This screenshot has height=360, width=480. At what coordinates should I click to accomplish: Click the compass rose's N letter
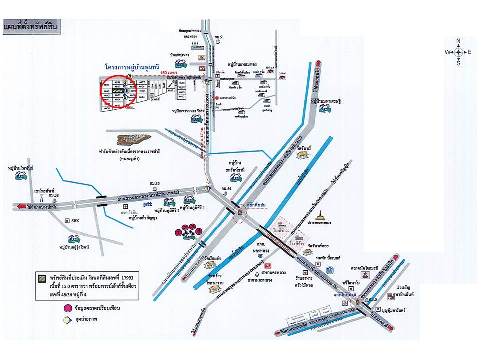458,41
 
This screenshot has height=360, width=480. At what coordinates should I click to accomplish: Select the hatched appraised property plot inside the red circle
118,91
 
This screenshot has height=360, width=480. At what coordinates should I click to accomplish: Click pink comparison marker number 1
178,233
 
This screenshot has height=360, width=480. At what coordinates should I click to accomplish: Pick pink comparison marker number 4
199,231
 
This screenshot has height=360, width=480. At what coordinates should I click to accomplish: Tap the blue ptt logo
147,204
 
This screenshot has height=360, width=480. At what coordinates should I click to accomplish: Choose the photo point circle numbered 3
129,76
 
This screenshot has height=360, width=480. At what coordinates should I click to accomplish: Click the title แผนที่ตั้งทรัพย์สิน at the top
31,26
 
